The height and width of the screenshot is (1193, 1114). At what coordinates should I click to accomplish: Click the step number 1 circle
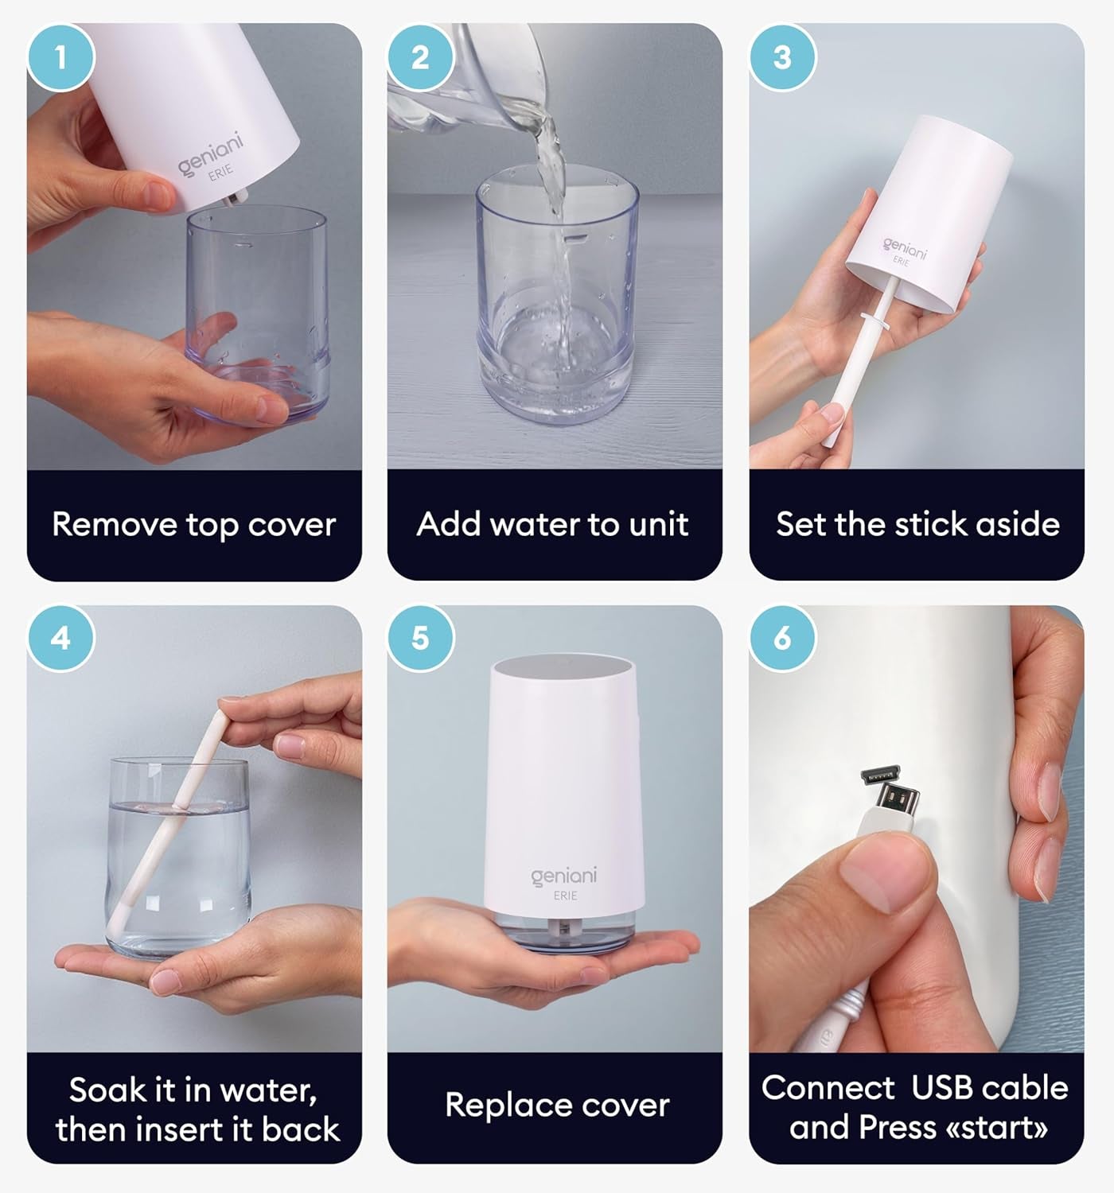60,57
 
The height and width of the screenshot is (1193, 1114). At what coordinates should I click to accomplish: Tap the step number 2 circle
420,57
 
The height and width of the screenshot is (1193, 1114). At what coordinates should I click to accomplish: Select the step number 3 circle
782,57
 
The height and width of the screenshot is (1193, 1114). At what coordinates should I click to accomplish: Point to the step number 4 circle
60,638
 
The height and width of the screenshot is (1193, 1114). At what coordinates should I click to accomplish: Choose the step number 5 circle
420,638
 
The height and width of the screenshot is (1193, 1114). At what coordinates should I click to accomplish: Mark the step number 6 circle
782,638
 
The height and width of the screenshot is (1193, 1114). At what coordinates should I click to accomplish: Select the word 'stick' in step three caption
929,524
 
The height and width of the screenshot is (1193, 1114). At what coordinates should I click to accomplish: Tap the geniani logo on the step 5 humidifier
563,876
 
